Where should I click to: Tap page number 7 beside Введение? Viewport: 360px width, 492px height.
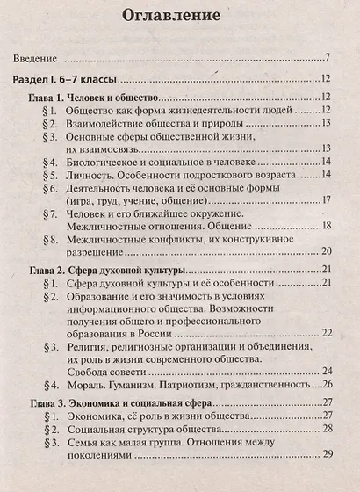click(326, 59)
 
